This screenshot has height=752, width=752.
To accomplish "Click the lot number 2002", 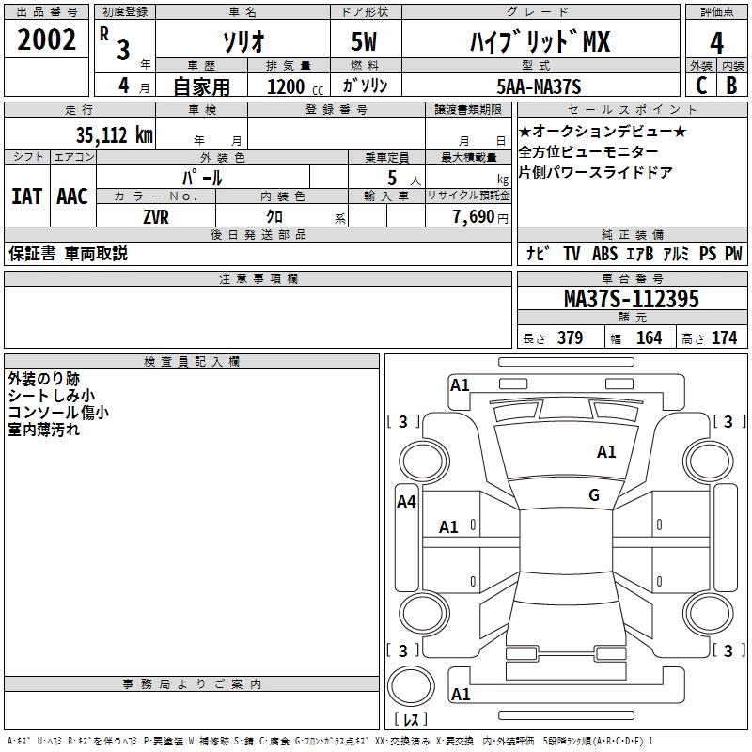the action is pos(46,39).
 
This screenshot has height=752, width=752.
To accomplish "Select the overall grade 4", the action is pos(716,43).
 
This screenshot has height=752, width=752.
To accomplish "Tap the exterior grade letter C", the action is pos(701,86).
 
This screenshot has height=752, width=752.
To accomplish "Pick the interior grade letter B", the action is pos(731,86).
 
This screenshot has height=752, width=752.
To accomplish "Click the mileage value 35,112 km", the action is pos(114,135).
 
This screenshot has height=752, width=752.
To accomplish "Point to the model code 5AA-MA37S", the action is pos(539,86).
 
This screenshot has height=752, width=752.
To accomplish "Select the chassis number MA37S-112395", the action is pos(631,299).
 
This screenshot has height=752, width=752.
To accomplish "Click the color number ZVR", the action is pos(156,217).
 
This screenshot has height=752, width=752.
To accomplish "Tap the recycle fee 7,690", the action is pos(474,217).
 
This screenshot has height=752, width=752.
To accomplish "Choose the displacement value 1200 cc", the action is pos(295,86).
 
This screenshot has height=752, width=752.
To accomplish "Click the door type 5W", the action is pos(364,41).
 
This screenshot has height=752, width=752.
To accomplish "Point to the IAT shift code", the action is pos(27,196).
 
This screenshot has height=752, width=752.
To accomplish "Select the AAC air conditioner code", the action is pos(72,196).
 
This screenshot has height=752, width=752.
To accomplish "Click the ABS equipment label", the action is pos(604,254).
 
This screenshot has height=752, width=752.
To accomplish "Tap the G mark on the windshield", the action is pos(594,495).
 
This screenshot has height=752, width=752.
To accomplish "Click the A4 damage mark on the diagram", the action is pos(406,502).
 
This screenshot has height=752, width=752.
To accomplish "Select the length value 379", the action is pos(571,337).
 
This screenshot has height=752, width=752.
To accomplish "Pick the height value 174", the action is pos(724,337).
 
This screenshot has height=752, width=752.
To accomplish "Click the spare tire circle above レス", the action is pos(411,686).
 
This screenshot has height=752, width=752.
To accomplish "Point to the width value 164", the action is pos(649,337).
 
